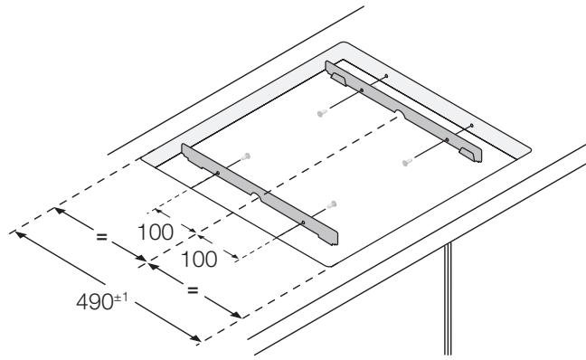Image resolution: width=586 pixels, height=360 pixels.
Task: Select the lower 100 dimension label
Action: [198, 260]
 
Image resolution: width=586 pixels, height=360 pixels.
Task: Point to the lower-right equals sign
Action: [193, 291]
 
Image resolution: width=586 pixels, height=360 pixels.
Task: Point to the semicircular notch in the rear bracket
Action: [399, 114]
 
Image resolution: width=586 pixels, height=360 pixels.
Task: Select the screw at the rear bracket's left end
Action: [321, 114]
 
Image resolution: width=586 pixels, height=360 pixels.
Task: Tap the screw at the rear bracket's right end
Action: [407, 162]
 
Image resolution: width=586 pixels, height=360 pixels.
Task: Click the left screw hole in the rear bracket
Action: [361, 90]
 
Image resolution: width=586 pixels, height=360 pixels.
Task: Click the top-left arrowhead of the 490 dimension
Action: [18, 232]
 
